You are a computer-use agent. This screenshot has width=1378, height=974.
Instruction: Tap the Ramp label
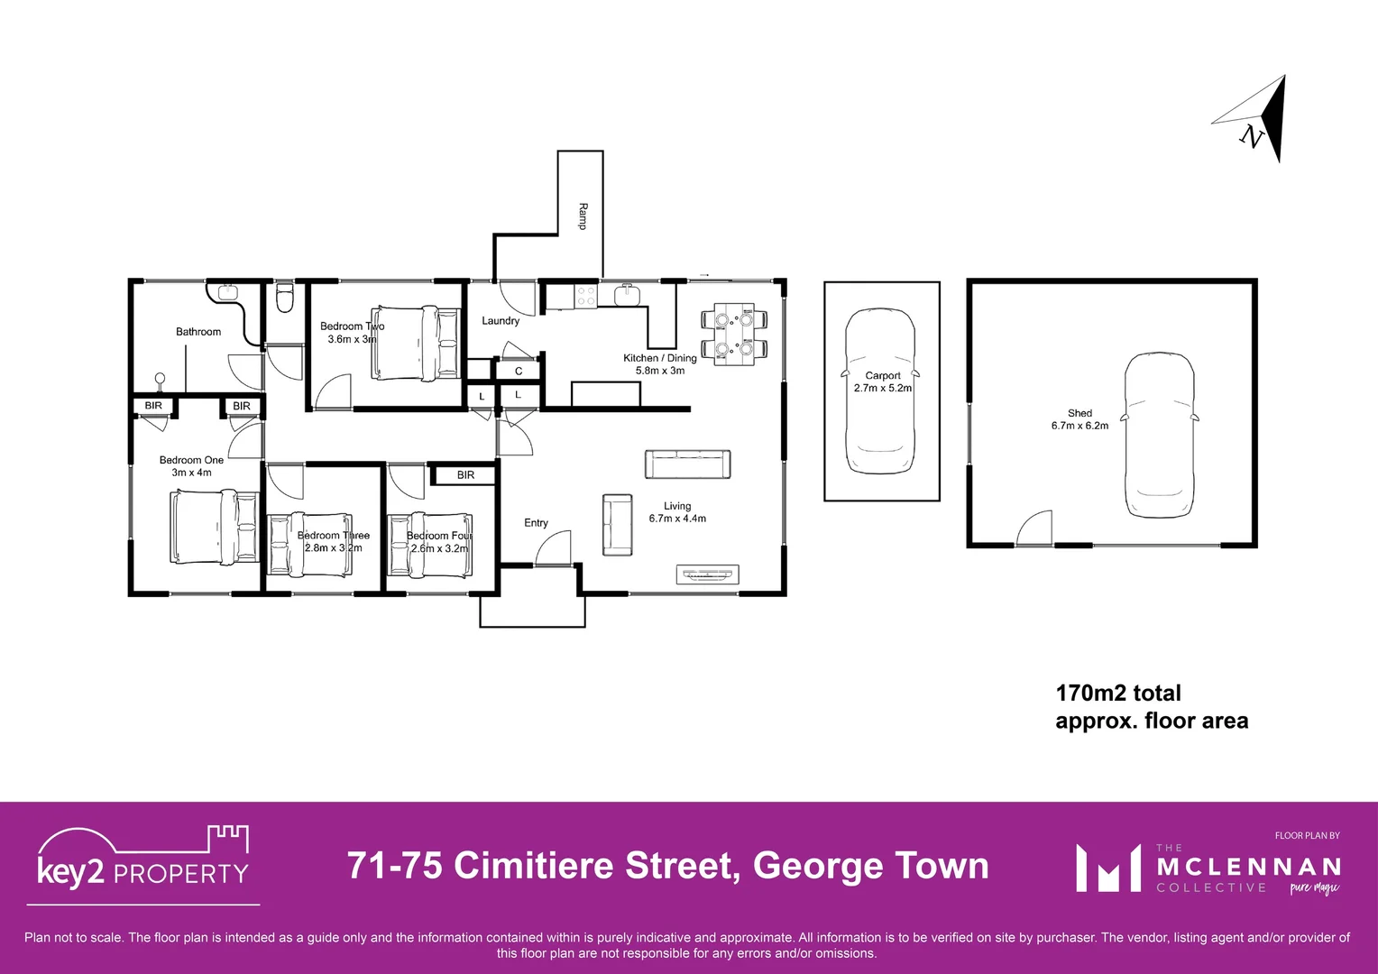[x=583, y=216]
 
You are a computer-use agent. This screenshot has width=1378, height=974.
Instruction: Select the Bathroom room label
[x=198, y=332]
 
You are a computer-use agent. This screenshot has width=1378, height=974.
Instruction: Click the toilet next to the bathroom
[x=284, y=298]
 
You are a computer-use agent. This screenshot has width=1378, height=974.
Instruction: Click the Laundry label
[x=501, y=321]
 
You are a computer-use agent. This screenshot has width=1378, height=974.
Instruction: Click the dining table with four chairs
[x=734, y=334]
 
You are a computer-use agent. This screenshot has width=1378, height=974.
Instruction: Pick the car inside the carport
[x=880, y=391]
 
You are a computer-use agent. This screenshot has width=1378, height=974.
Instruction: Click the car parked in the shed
[x=1159, y=435]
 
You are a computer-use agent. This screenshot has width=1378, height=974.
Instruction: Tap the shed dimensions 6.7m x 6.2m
[x=1079, y=426]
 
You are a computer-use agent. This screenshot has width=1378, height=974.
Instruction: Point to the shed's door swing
[x=1036, y=528]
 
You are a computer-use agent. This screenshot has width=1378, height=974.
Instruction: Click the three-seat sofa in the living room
[x=687, y=464]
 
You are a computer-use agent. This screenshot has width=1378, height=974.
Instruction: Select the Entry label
[x=536, y=523]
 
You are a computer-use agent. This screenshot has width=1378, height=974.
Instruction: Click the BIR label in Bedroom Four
[x=465, y=475]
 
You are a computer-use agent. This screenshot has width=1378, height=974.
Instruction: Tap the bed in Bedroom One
[x=215, y=527]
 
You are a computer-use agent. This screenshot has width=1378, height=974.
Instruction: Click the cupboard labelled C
[x=519, y=371]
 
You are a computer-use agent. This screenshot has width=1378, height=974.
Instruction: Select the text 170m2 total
[x=1117, y=693]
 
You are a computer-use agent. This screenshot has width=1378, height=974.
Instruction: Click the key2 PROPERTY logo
[x=143, y=862]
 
